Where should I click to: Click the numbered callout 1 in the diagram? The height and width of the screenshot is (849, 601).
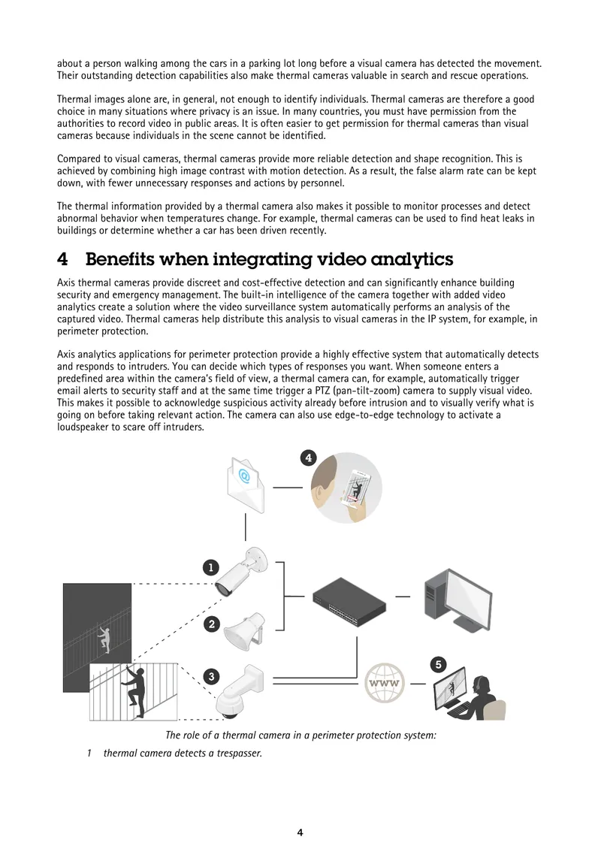click(210, 567)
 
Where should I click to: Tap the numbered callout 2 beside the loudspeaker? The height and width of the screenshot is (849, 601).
click(212, 624)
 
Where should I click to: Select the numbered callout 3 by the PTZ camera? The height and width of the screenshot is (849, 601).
click(211, 676)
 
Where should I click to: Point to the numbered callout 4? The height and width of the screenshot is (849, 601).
click(309, 458)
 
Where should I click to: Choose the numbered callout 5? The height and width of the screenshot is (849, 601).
click(439, 664)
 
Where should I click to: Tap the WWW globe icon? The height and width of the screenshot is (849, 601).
click(384, 683)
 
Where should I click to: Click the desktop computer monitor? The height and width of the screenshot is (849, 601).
click(458, 600)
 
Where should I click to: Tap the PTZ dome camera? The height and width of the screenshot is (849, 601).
click(240, 692)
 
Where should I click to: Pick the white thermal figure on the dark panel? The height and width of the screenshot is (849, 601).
click(104, 639)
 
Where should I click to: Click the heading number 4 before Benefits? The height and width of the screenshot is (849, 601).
click(63, 259)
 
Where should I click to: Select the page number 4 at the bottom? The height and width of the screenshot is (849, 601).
click(300, 832)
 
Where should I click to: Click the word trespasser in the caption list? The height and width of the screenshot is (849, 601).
click(240, 753)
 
